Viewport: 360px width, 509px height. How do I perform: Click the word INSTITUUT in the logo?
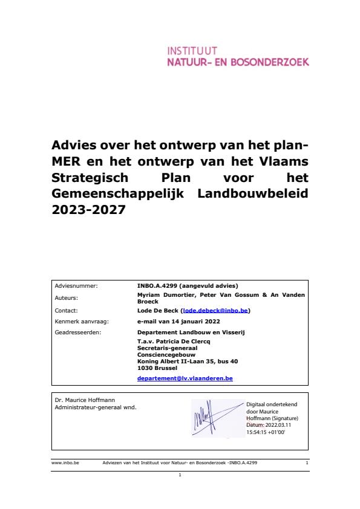(x=191, y=51)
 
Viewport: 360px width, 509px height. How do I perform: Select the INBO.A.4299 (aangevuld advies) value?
(x=188, y=286)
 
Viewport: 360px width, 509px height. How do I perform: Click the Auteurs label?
(x=67, y=298)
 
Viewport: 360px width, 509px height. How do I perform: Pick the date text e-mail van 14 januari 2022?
(x=178, y=321)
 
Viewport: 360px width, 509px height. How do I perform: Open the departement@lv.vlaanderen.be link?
(x=185, y=378)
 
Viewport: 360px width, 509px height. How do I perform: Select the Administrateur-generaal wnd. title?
(x=96, y=407)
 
